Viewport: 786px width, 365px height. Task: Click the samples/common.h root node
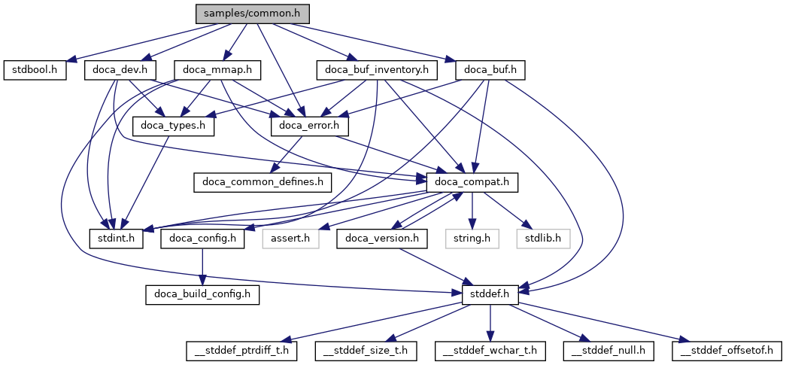pyautogui.click(x=252, y=14)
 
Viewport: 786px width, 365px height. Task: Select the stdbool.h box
pyautogui.click(x=35, y=70)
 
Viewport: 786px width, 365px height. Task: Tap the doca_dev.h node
pyautogui.click(x=120, y=70)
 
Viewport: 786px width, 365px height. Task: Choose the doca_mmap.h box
pyautogui.click(x=217, y=70)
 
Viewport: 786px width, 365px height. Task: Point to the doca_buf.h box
pyautogui.click(x=490, y=70)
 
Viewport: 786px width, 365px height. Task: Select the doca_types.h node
pyautogui.click(x=173, y=126)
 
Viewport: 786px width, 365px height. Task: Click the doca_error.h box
pyautogui.click(x=314, y=126)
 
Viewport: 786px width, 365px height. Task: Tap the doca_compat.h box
pyautogui.click(x=472, y=181)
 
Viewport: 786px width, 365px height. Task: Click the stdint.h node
pyautogui.click(x=116, y=239)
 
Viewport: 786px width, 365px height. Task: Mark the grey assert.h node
pyautogui.click(x=290, y=239)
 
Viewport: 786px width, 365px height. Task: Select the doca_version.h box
pyautogui.click(x=383, y=239)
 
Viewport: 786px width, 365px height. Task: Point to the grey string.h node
pyautogui.click(x=472, y=239)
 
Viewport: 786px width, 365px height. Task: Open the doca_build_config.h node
pyautogui.click(x=202, y=294)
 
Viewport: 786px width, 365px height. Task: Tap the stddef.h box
pyautogui.click(x=490, y=294)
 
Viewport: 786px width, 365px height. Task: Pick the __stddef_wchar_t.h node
pyautogui.click(x=490, y=350)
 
